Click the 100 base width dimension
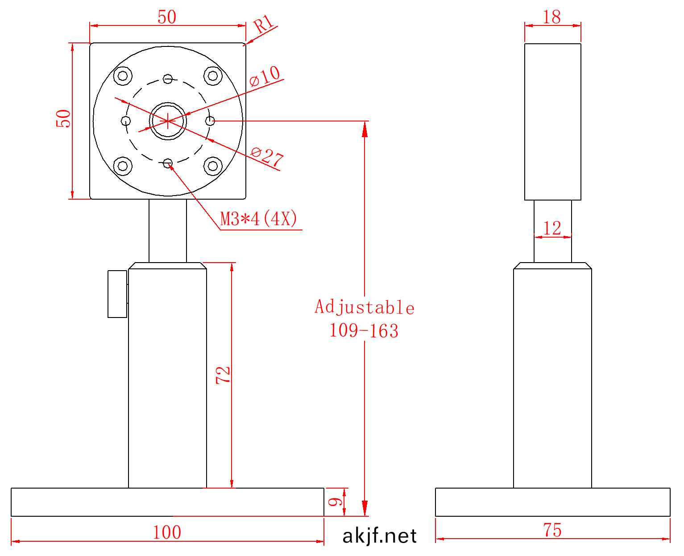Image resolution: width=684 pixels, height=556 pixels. (x=166, y=532)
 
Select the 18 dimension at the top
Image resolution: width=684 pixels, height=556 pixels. (x=551, y=17)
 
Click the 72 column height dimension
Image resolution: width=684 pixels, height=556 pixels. (x=223, y=376)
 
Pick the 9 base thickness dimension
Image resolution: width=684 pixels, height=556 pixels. (x=335, y=502)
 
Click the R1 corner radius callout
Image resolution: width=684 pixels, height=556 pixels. (x=263, y=24)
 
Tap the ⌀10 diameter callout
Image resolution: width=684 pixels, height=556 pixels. (x=265, y=76)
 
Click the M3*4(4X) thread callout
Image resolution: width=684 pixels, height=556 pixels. (x=258, y=219)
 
